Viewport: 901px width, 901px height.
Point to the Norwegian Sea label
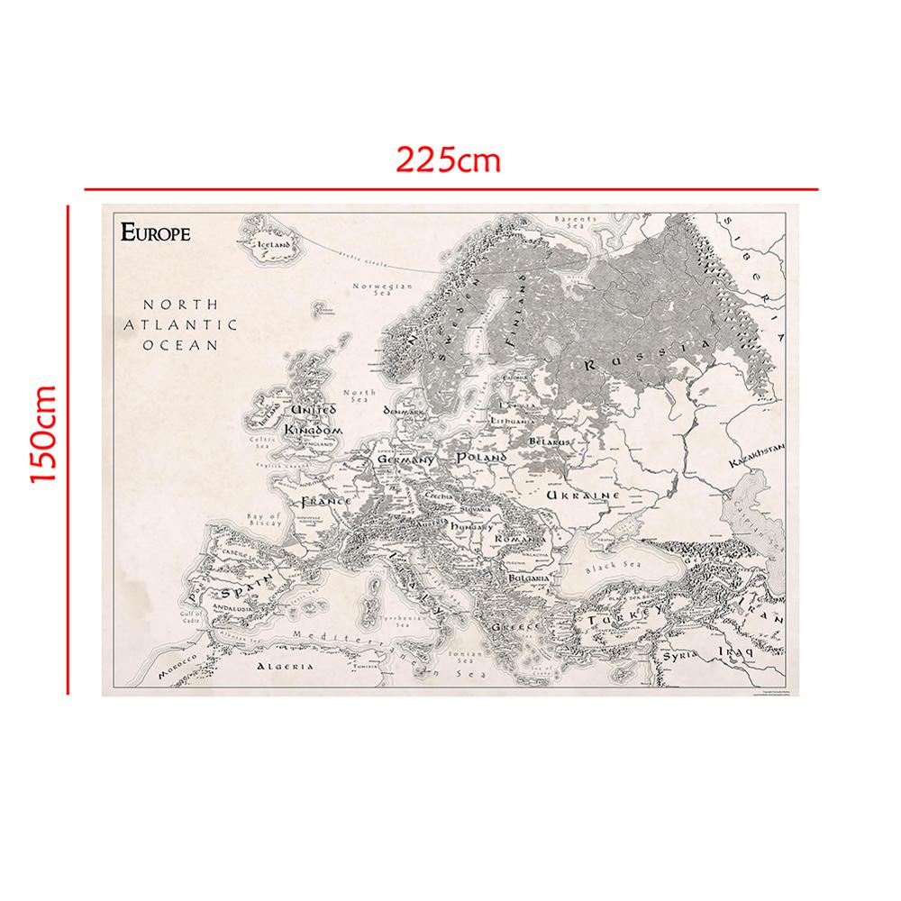382,290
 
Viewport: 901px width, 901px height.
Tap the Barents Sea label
576,223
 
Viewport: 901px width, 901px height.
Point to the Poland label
483,458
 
